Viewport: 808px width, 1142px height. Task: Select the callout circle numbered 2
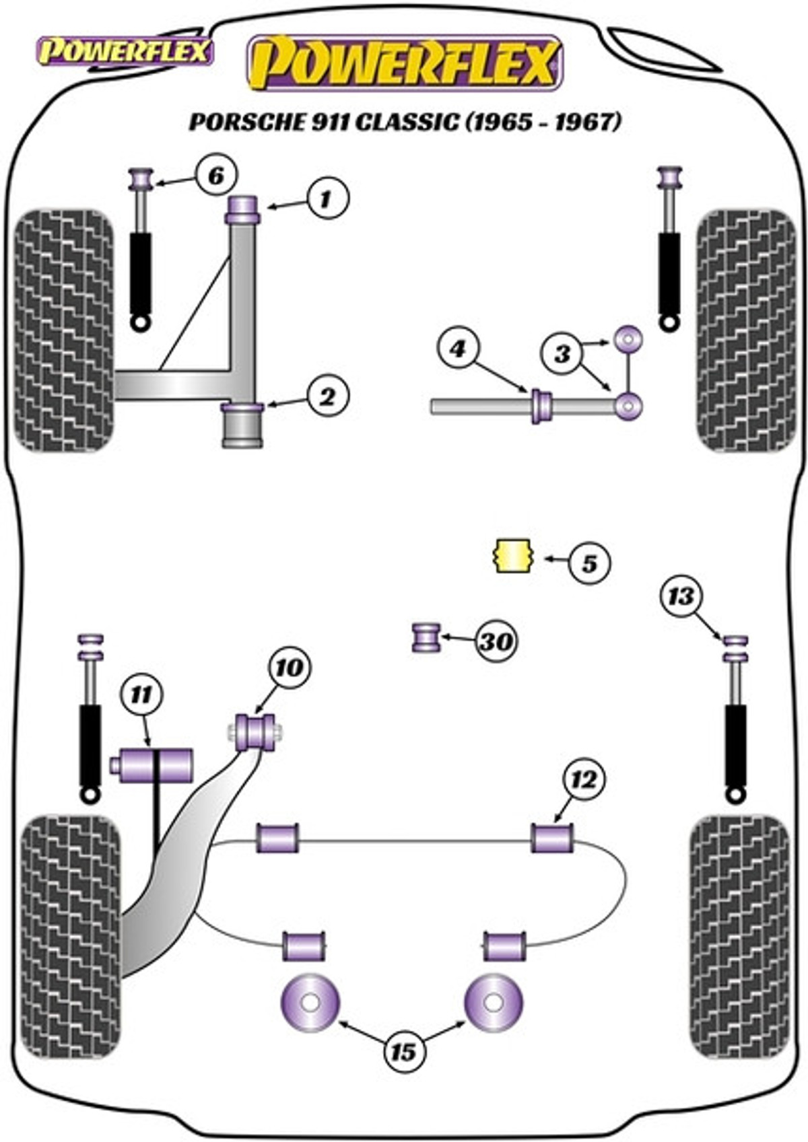327,397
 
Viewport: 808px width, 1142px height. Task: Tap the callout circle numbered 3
563,353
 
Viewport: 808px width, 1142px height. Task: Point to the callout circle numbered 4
458,349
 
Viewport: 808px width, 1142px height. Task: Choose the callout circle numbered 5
588,563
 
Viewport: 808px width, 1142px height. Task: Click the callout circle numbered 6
216,176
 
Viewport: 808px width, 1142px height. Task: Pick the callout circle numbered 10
289,668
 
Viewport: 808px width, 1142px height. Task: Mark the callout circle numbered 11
141,695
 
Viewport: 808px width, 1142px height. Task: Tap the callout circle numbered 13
683,596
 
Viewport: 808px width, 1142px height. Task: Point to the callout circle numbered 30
496,641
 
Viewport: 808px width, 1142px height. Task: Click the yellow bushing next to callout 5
514,555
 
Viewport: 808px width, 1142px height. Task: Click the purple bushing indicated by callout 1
243,209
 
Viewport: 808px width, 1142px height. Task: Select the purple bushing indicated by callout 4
542,406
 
